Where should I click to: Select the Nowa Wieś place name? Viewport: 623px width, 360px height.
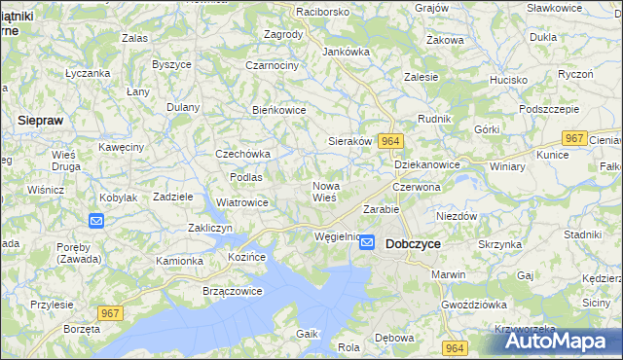coord(324,191)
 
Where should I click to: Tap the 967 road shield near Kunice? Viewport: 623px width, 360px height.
coord(575,138)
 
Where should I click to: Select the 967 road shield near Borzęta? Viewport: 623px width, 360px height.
coord(111,311)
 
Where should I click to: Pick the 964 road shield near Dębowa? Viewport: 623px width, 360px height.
coord(453,347)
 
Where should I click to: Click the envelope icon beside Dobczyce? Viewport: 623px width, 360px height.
coord(367,243)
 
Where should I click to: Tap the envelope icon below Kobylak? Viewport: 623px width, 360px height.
coord(96,221)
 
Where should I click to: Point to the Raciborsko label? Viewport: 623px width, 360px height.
coord(296,12)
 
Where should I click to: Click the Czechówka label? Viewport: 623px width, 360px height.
coord(242,154)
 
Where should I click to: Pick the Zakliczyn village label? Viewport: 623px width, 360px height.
coord(208,228)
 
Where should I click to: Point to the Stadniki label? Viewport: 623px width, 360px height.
coord(582,234)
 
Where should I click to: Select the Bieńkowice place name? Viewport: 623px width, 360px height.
coord(279,110)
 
